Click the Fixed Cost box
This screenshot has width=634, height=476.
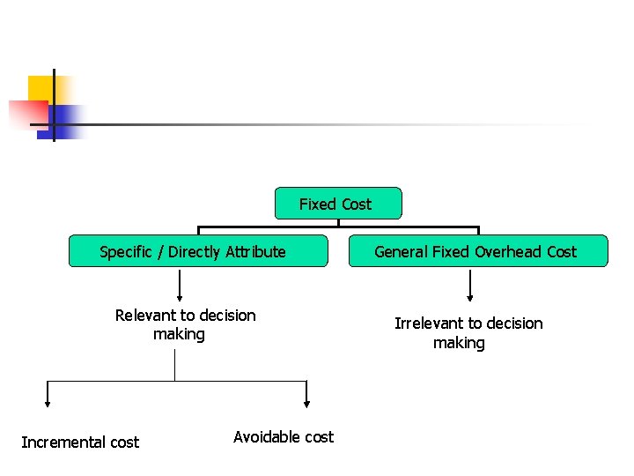pos(338,204)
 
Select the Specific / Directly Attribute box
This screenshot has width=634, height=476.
pos(198,251)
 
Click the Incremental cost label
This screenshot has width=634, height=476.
pos(80,442)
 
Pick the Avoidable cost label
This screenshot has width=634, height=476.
pos(284,436)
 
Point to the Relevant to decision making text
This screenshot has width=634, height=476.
pos(185,324)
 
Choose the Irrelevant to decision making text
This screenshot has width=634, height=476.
pos(468,332)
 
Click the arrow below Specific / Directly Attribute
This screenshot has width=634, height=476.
pos(180,286)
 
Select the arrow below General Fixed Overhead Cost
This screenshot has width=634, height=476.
pos(469,286)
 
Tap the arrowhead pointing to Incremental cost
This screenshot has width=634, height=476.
pos(48,403)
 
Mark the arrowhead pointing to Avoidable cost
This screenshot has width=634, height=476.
pos(306,403)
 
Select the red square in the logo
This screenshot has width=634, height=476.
pos(26,113)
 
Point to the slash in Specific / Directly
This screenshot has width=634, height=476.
pos(159,251)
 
